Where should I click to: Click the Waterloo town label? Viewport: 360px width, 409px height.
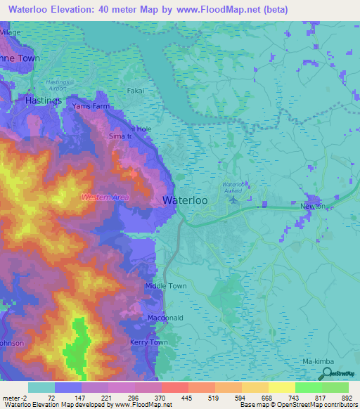click(x=185, y=200)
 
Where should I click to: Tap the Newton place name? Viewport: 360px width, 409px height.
click(x=313, y=206)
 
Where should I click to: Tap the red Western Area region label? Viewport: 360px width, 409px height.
click(x=105, y=197)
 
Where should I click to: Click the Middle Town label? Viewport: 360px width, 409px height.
click(x=165, y=286)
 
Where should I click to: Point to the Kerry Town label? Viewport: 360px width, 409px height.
click(x=148, y=342)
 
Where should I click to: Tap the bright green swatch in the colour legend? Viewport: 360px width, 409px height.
click(x=309, y=387)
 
